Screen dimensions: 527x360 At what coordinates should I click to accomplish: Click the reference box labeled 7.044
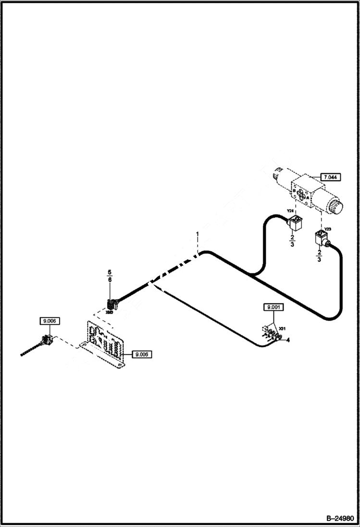(x=331, y=177)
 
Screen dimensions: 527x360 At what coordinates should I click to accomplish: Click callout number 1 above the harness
(x=197, y=234)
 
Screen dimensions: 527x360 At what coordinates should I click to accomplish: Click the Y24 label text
(x=290, y=210)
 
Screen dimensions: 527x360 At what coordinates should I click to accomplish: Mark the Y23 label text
(x=327, y=229)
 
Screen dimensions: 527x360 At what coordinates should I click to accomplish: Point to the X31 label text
(x=283, y=328)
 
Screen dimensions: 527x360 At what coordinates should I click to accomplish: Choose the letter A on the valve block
(x=307, y=196)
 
